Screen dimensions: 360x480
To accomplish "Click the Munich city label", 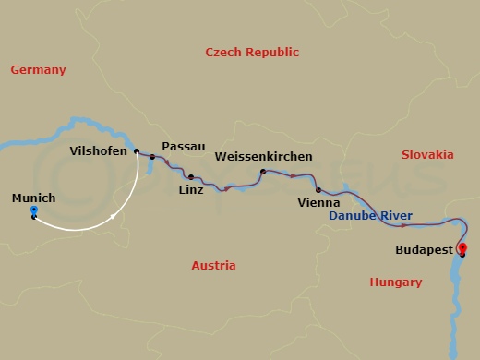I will pyautogui.click(x=33, y=198).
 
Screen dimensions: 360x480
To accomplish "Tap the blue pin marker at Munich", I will pyautogui.click(x=33, y=212).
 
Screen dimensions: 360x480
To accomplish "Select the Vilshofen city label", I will pyautogui.click(x=99, y=150).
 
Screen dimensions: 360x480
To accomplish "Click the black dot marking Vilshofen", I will pyautogui.click(x=136, y=151).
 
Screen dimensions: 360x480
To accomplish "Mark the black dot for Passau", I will pyautogui.click(x=152, y=157).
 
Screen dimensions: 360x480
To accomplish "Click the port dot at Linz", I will pyautogui.click(x=190, y=176).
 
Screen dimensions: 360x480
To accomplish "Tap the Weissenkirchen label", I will pyautogui.click(x=262, y=157).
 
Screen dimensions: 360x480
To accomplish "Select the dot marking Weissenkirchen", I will pyautogui.click(x=262, y=172).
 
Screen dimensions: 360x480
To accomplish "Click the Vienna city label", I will pyautogui.click(x=319, y=201).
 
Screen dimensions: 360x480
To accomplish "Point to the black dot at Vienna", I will pyautogui.click(x=318, y=189).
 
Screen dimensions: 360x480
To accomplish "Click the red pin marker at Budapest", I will pyautogui.click(x=462, y=247).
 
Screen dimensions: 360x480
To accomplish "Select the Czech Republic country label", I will pyautogui.click(x=252, y=53).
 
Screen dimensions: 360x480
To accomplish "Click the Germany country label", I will pyautogui.click(x=38, y=70).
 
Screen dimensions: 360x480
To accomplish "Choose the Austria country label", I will pyautogui.click(x=213, y=266).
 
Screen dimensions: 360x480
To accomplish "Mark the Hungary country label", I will pyautogui.click(x=395, y=282).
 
